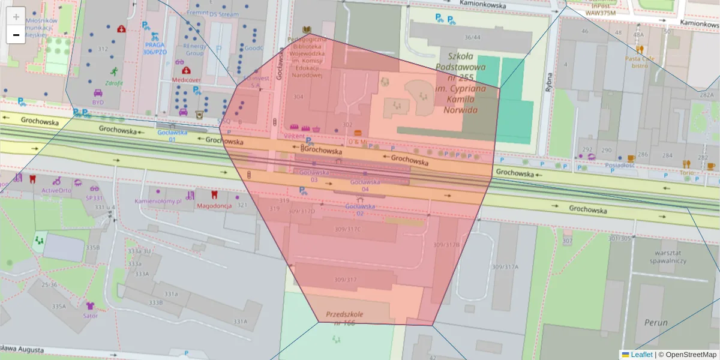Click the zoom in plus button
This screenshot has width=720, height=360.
[16, 17]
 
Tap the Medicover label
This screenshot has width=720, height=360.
[187, 79]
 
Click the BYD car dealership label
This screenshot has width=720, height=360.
[98, 102]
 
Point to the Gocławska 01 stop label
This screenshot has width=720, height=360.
[172, 136]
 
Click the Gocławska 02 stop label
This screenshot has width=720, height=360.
[360, 209]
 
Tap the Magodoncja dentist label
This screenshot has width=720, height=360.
[214, 205]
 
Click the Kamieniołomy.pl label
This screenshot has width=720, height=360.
[158, 202]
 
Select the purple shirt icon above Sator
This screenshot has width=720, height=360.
[91, 306]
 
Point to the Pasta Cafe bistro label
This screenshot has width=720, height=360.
[640, 62]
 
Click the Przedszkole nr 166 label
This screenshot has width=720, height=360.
[344, 318]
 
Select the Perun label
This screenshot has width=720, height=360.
[656, 322]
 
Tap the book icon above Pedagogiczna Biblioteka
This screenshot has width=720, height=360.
[307, 30]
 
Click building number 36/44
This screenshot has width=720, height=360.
[472, 37]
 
